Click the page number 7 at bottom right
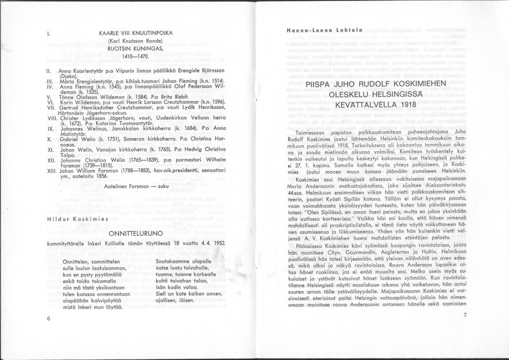465,315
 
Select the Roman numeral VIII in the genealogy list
50,117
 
